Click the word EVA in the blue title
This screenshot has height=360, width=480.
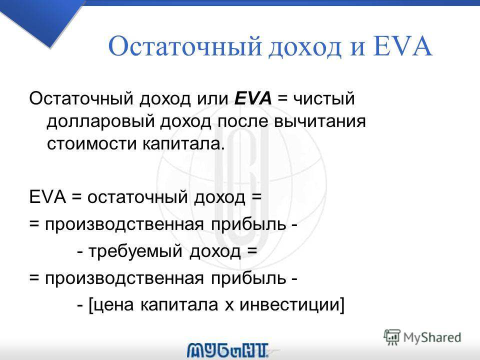403,46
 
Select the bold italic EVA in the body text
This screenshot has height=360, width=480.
253,98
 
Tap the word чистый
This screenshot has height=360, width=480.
324,99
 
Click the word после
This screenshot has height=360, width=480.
242,121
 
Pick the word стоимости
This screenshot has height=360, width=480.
91,143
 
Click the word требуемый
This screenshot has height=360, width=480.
135,252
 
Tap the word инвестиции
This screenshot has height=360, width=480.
289,305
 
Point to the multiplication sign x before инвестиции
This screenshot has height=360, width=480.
229,305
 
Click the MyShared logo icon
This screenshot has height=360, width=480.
392,337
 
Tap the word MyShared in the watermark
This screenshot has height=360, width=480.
432,337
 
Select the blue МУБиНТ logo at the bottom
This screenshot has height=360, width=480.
228,350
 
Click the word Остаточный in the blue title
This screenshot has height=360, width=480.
185,47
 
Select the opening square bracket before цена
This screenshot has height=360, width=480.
90,305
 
